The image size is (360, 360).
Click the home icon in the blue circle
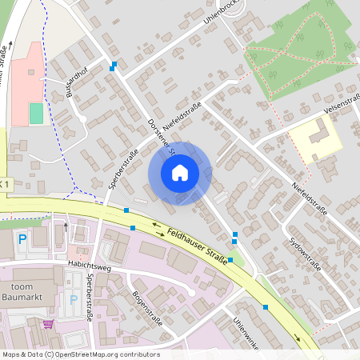coord(179,173)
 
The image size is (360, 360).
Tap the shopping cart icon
coord(48,324)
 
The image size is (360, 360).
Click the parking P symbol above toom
coord(22,238)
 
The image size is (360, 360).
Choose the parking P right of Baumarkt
coord(74,299)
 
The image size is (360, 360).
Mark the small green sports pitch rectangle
coord(36,114)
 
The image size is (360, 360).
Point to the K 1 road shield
coord(5,185)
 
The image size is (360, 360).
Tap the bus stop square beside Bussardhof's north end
coord(114,65)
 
